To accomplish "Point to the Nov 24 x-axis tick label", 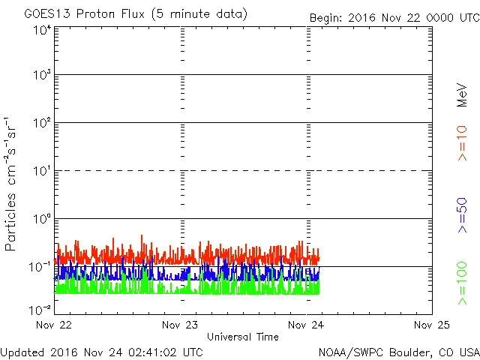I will click(307, 325).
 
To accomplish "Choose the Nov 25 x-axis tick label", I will click(431, 325).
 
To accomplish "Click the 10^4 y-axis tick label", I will click(41, 30).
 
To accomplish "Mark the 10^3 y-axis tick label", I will click(41, 76).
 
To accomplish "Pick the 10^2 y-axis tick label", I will click(41, 123).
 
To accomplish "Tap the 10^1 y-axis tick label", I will click(41, 171).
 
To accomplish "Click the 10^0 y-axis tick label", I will click(41, 219).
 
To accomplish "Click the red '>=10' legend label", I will click(463, 143).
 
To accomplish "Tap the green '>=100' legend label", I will click(463, 283).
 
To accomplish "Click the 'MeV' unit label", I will click(463, 95).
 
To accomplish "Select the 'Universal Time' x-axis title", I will click(243, 337).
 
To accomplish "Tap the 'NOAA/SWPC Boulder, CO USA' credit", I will click(398, 351).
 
